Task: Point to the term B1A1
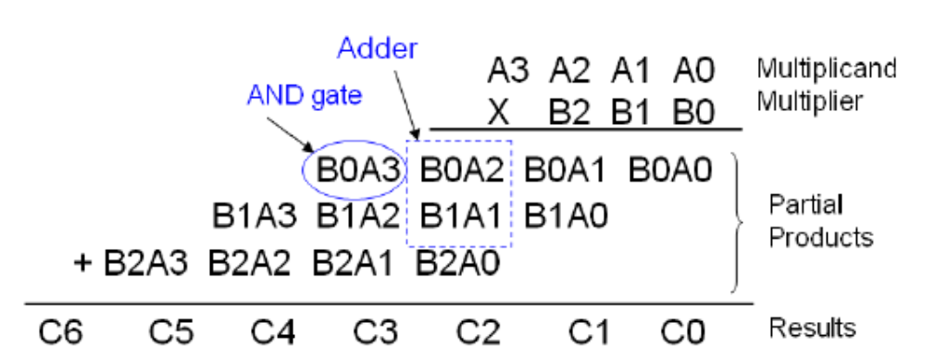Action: [x=459, y=218]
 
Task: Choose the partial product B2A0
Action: [x=459, y=265]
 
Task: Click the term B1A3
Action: [x=253, y=218]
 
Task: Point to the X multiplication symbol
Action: [x=499, y=113]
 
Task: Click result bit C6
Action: [x=61, y=329]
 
